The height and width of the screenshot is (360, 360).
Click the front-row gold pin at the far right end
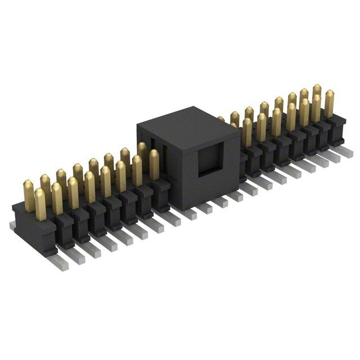[329, 105]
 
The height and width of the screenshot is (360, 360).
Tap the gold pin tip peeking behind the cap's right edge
[221, 120]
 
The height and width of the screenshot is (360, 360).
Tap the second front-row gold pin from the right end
[316, 109]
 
